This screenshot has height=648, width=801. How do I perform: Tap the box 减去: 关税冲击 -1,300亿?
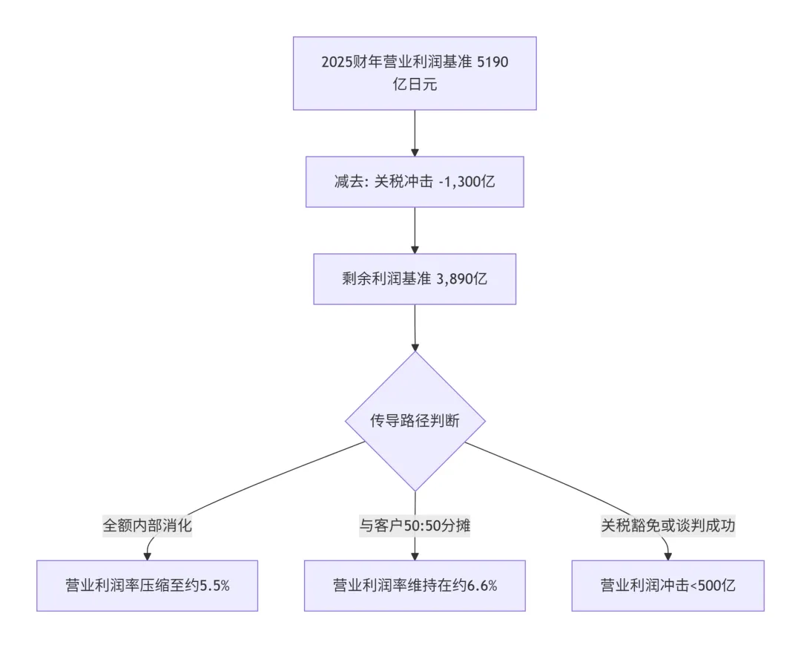[x=415, y=181]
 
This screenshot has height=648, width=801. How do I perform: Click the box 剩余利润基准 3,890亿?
[x=415, y=279]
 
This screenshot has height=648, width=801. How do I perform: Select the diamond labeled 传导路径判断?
[x=415, y=421]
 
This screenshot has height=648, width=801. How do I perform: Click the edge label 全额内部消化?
[x=147, y=526]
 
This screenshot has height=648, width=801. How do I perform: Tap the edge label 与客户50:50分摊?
[x=415, y=526]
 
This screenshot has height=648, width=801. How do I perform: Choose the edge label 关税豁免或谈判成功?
[x=668, y=526]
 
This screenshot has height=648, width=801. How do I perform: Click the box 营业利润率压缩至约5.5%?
[x=147, y=585]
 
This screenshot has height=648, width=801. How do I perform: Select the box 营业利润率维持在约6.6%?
[x=415, y=585]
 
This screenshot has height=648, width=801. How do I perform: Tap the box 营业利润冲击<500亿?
[x=667, y=585]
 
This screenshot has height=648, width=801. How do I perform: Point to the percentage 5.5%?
[x=215, y=585]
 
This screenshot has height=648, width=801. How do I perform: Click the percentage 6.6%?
[x=482, y=585]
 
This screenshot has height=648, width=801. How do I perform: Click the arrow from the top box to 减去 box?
[x=415, y=133]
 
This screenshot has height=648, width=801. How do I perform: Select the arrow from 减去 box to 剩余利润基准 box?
[x=415, y=230]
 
